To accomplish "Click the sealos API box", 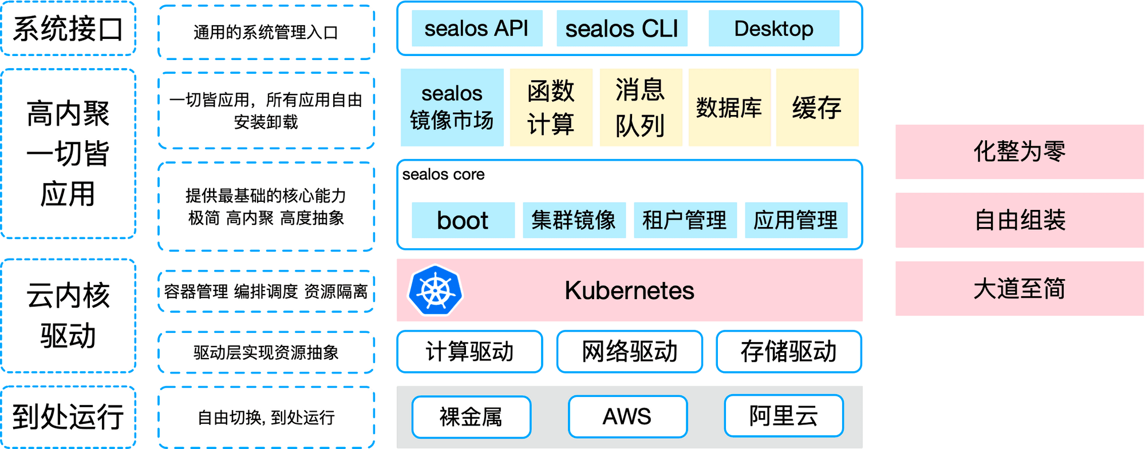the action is (x=477, y=28).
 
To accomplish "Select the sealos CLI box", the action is (x=622, y=28).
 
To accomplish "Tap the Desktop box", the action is (x=774, y=28).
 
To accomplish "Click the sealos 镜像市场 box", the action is (x=452, y=108).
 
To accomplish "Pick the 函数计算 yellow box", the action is (x=551, y=108).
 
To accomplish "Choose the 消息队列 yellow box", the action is (x=641, y=108).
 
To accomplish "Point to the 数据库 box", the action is (x=729, y=108).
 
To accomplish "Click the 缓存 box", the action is (x=818, y=108).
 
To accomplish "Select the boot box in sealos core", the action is (x=463, y=220).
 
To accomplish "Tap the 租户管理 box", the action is (x=685, y=220).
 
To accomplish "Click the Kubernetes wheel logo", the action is (x=435, y=290).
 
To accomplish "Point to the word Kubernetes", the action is (x=629, y=291).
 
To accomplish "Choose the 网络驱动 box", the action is (x=630, y=351).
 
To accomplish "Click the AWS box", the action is (x=627, y=416).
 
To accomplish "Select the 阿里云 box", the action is (x=784, y=416).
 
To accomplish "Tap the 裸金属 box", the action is (x=471, y=417).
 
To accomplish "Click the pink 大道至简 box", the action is (x=1020, y=288).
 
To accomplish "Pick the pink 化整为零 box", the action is (x=1020, y=152).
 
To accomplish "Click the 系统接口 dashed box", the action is (x=68, y=28).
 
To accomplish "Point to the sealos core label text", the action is (x=444, y=174).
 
